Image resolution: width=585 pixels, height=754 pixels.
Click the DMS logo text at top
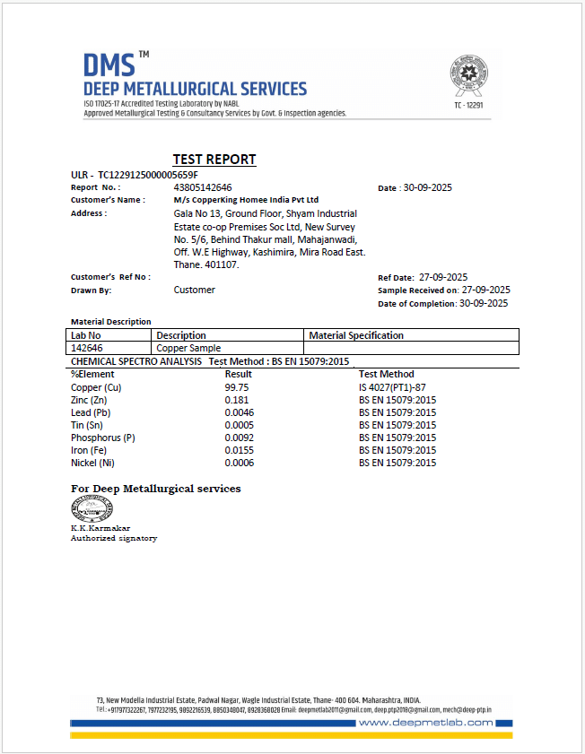click(x=109, y=65)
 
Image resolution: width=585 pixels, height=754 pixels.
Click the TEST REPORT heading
click(x=214, y=160)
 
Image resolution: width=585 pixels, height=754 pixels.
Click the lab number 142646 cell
click(x=87, y=348)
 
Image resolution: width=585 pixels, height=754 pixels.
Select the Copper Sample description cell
click(x=188, y=348)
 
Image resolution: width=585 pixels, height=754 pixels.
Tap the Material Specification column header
click(x=356, y=335)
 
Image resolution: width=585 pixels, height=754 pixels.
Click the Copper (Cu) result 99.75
click(x=236, y=387)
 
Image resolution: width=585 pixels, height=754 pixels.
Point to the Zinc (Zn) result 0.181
click(x=236, y=400)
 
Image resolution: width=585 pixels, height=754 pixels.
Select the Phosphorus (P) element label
click(x=102, y=438)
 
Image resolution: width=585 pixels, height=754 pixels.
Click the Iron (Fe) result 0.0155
click(x=239, y=450)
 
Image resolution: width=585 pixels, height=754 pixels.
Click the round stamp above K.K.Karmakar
click(x=92, y=508)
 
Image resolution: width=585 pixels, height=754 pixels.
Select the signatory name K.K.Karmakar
click(x=100, y=528)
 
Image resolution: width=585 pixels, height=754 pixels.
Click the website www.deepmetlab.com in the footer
click(x=425, y=723)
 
